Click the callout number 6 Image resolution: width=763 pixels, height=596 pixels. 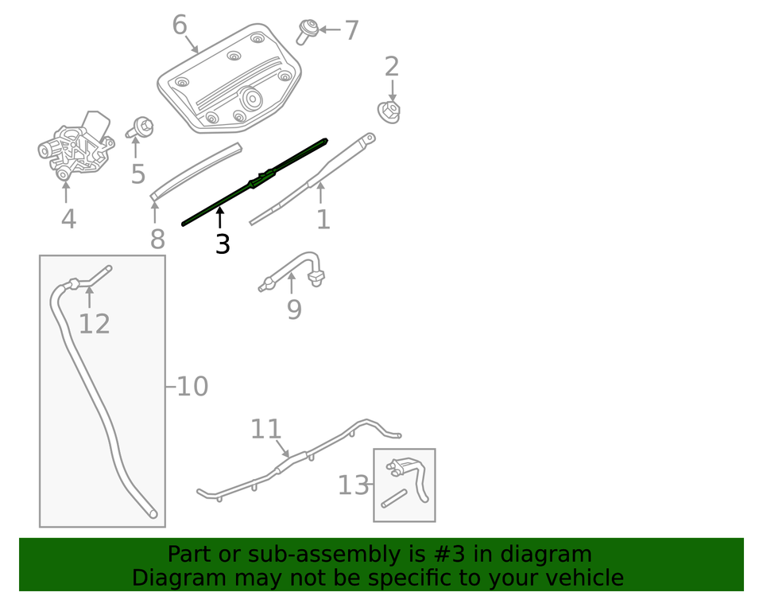pyautogui.click(x=180, y=25)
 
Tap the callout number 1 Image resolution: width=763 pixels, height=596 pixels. pyautogui.click(x=323, y=219)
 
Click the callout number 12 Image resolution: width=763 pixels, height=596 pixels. pyautogui.click(x=94, y=323)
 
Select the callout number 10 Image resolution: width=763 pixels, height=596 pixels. pyautogui.click(x=192, y=387)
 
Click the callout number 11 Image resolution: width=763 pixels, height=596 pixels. pyautogui.click(x=265, y=429)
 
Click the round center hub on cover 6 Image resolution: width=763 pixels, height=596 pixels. pyautogui.click(x=254, y=99)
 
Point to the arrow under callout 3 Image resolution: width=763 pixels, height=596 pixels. pyautogui.click(x=220, y=217)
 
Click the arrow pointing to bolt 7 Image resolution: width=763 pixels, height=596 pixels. pyautogui.click(x=330, y=31)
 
